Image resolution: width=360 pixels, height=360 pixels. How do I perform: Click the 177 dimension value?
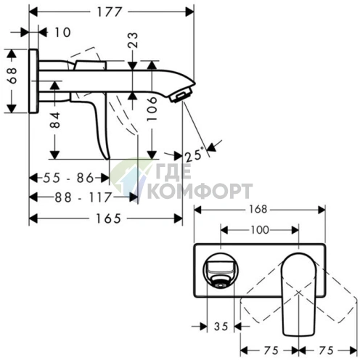click(x=109, y=12)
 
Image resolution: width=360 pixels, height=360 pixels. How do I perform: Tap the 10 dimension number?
click(x=63, y=32)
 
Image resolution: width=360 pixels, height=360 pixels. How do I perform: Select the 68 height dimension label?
click(x=12, y=75)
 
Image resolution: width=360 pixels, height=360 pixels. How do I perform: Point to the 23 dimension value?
click(x=133, y=40)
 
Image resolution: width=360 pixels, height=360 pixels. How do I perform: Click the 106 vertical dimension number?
click(x=152, y=109)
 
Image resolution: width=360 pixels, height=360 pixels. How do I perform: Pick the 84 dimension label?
click(x=54, y=120)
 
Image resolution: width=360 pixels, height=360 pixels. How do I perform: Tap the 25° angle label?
click(x=195, y=155)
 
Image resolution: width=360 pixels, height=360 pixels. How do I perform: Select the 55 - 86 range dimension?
click(x=68, y=178)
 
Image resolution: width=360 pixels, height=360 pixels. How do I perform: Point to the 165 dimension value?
click(x=108, y=218)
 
